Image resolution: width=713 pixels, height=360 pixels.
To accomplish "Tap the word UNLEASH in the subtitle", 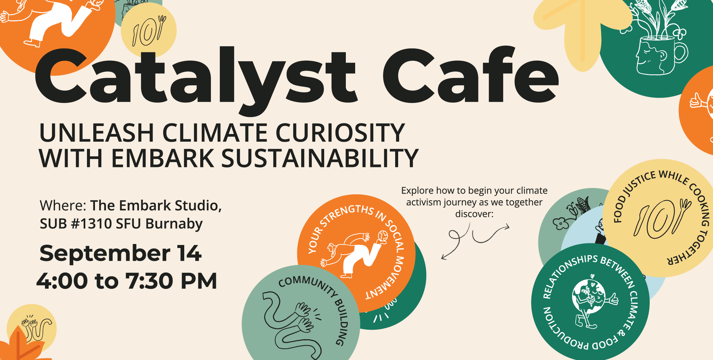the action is point(96,133).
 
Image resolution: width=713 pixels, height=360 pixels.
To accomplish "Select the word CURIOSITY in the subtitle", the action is point(340,133).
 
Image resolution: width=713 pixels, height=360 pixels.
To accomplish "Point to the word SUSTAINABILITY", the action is point(320,158).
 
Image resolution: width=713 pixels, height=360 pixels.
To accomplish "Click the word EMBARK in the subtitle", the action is point(162,158).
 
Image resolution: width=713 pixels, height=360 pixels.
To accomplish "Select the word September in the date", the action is point(105,254).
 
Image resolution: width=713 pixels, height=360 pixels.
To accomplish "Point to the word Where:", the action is point(63,206).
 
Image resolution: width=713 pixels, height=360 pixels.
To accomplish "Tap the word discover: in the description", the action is point(474,214).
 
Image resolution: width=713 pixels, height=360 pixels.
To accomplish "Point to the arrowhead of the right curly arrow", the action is point(507,227).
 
